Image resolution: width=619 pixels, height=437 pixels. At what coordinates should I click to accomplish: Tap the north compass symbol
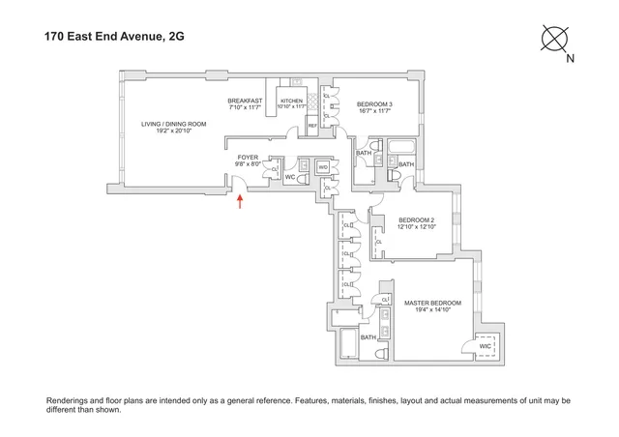point(556,40)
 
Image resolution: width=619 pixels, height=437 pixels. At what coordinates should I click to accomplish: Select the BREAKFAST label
point(245,101)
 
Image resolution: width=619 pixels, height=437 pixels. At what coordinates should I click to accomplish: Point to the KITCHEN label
point(292,101)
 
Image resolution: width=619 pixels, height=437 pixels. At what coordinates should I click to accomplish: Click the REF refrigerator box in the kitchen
point(312,126)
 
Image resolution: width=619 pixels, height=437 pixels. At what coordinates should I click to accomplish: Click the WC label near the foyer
point(289,178)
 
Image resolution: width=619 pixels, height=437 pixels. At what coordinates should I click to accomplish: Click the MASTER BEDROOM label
point(432,304)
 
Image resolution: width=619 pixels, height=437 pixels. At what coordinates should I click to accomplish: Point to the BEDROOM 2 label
point(418,218)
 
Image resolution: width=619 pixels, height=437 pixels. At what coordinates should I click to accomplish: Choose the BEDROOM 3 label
point(374,104)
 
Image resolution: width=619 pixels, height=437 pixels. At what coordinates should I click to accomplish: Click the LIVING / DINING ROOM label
point(174,124)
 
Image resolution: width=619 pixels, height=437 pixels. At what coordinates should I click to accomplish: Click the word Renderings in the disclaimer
point(69,399)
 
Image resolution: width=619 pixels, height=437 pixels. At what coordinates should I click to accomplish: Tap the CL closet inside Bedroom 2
point(378,242)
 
